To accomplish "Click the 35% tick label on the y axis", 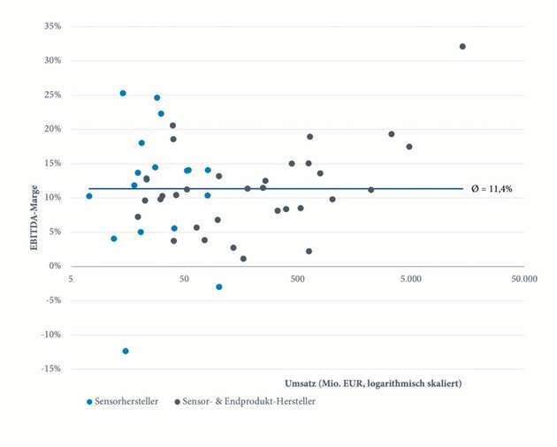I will click(x=52, y=27).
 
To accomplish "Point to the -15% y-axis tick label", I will click(x=50, y=368).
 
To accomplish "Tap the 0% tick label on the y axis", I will click(x=55, y=266).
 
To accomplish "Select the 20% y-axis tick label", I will click(x=52, y=129).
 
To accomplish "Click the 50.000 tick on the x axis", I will click(x=523, y=278).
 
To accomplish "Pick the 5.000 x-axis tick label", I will click(x=410, y=278).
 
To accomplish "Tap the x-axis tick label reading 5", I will click(x=71, y=278).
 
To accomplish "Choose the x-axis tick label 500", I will click(x=297, y=278).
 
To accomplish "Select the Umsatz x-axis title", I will click(x=372, y=383).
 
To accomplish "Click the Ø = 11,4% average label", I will click(x=492, y=189).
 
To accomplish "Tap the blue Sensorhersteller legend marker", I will click(x=89, y=402).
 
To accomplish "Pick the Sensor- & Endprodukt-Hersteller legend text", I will click(x=249, y=402).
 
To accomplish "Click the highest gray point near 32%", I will click(x=462, y=47).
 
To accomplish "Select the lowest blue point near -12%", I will click(x=126, y=351).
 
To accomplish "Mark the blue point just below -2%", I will click(x=219, y=287).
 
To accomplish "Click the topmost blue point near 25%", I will click(x=123, y=93).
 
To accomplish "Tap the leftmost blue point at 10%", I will click(x=89, y=196).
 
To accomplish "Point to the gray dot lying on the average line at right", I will click(x=371, y=190).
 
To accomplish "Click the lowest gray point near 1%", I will click(x=243, y=259).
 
